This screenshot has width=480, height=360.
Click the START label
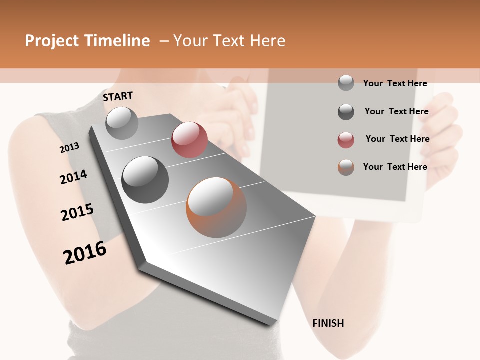[118, 96]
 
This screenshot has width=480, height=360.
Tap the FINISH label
[328, 323]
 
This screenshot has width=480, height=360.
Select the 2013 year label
[69, 148]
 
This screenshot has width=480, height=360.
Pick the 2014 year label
[73, 177]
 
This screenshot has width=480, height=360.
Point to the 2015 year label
[77, 212]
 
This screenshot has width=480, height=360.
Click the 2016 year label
[85, 252]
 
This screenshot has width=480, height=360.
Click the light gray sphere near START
[122, 123]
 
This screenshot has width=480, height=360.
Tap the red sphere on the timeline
[189, 140]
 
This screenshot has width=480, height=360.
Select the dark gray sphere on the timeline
[145, 180]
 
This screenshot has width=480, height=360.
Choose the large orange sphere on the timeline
[216, 207]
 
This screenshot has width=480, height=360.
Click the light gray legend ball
[346, 83]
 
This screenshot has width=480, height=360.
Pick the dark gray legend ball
[346, 112]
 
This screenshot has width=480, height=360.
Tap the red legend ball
[346, 140]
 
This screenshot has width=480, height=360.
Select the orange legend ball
[346, 167]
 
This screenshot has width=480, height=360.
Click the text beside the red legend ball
[397, 139]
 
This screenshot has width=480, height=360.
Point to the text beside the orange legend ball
[395, 167]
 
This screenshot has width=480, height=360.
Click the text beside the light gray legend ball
[395, 83]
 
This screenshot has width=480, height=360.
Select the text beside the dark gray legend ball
[396, 111]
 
